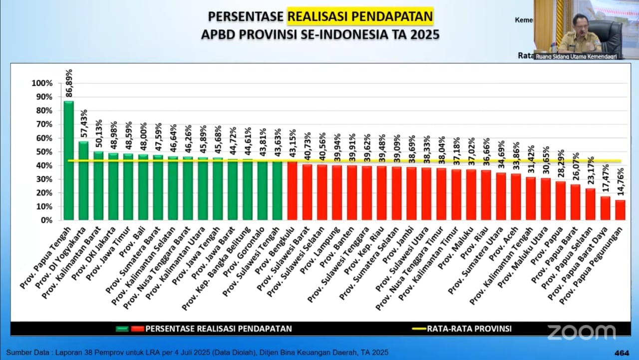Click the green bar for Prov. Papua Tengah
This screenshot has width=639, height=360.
click(68, 160)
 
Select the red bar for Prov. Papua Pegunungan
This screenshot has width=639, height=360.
click(620, 210)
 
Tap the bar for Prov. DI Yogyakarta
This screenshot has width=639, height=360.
click(83, 180)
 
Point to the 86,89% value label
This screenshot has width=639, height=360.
click(69, 83)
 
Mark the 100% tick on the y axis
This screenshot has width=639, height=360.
click(42, 83)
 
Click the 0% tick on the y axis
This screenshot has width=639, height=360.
click(46, 220)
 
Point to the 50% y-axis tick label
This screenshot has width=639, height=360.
click(44, 152)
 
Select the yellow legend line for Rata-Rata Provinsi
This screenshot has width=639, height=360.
click(418, 329)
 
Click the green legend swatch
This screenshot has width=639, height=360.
click(122, 329)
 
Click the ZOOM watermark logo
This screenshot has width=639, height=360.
click(581, 332)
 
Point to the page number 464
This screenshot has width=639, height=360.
click(622, 353)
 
